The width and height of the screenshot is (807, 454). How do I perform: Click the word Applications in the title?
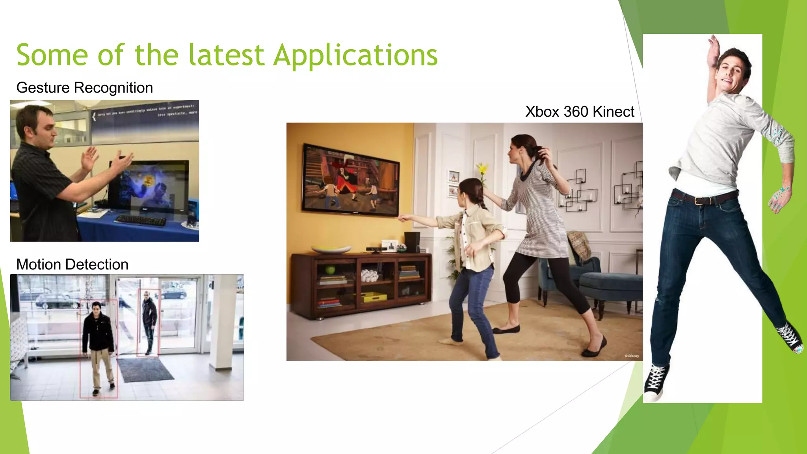click(355, 55)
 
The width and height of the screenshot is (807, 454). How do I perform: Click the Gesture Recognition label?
click(84, 87)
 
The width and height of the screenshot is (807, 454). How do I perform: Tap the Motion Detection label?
click(72, 264)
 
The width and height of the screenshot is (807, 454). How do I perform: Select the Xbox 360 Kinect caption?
click(579, 112)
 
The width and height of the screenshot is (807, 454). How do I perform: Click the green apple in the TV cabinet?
click(330, 270)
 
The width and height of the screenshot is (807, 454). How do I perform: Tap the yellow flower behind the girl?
click(482, 170)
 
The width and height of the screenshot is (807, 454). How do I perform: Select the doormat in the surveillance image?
click(145, 370)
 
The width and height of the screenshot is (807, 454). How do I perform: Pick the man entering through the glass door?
click(149, 321)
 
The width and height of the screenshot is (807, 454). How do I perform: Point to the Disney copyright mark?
click(632, 356)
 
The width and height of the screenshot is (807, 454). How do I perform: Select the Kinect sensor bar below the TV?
click(376, 249)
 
